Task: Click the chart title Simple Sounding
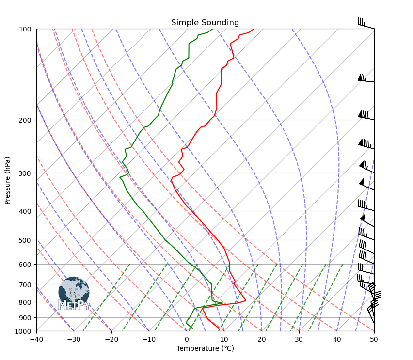coord(205,23)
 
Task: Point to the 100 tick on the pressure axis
coord(26,29)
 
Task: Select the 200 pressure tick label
coord(26,120)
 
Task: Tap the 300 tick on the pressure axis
coord(26,173)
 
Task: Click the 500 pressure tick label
coord(26,240)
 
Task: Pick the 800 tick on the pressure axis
coord(26,302)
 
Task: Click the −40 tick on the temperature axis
coord(36,339)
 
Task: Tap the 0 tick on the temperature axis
coord(187,339)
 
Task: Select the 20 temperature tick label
coord(262,339)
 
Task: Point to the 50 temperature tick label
coord(374,339)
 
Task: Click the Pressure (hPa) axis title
coord(8,180)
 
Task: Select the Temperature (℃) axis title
coord(205,348)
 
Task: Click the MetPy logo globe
coord(74,291)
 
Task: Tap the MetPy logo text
coord(74,305)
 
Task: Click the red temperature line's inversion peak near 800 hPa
coord(245,300)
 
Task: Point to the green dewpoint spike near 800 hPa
coord(222,303)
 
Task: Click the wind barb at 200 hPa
coord(365,116)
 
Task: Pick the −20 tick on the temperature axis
coord(111,339)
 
